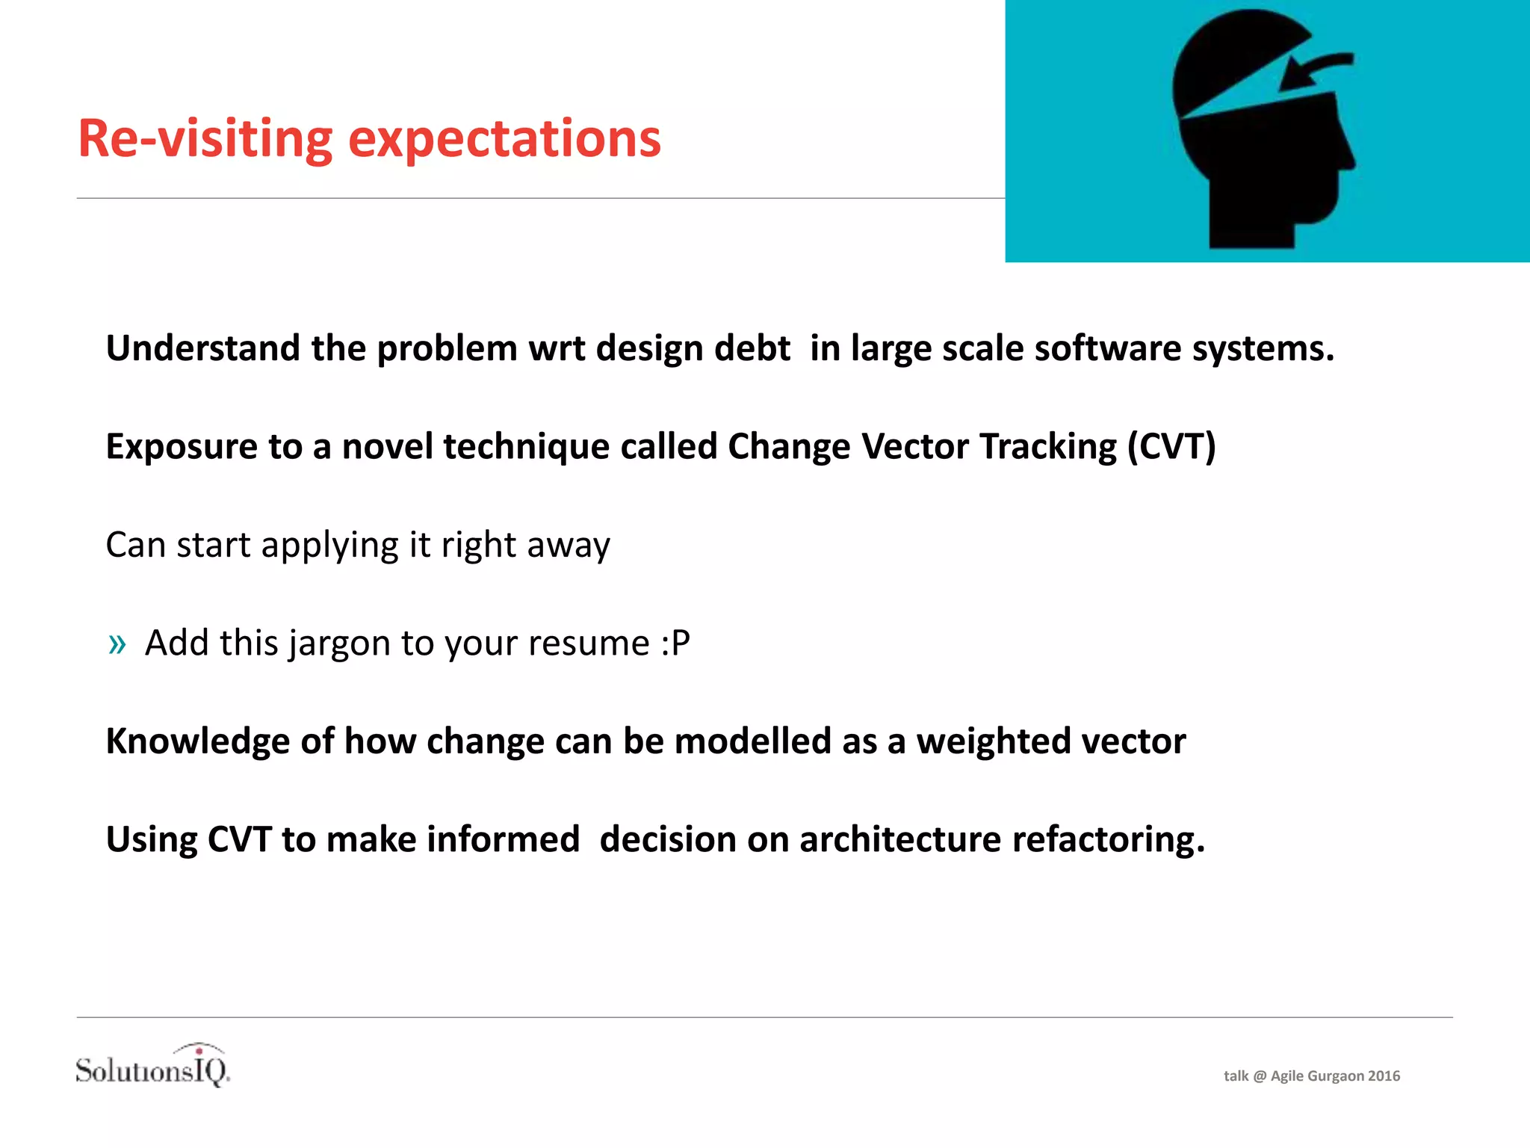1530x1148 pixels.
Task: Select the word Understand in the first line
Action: tap(202, 348)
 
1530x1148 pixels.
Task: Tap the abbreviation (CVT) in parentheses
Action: tap(1171, 447)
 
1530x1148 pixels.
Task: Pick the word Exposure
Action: tap(182, 447)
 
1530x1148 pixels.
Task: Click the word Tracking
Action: tap(1048, 447)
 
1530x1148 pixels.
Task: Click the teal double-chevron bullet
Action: tap(117, 644)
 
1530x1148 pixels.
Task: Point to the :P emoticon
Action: tap(675, 644)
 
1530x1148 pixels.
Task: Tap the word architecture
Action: tap(899, 840)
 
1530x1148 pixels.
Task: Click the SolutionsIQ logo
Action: tap(153, 1067)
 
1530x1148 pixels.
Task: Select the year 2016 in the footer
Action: tap(1384, 1076)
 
